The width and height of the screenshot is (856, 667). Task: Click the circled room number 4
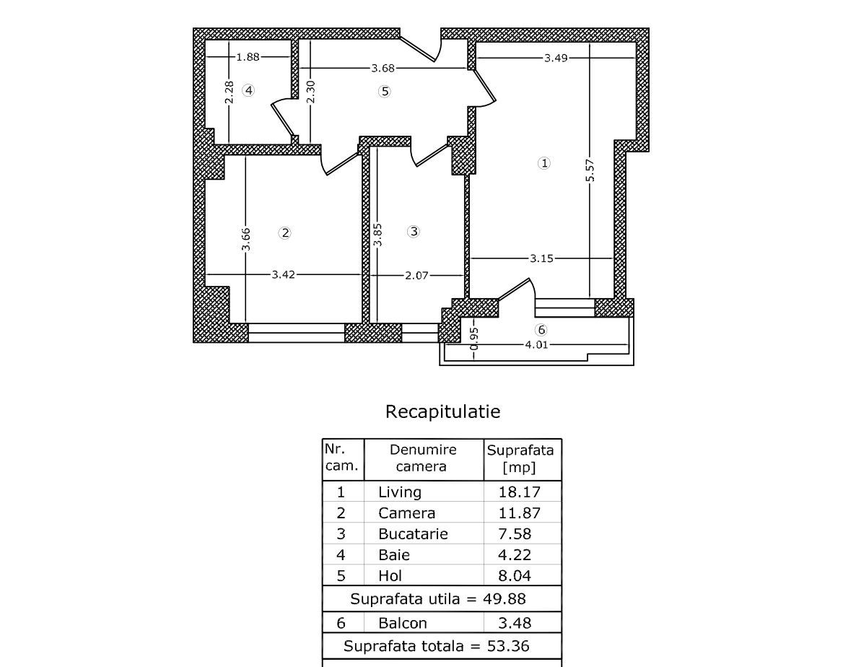point(248,90)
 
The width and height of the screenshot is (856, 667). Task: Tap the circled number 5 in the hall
point(385,91)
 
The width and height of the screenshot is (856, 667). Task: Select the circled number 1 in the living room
point(544,163)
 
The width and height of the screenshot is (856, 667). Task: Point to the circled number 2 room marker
point(285,232)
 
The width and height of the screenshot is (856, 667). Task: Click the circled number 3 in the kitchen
point(414,232)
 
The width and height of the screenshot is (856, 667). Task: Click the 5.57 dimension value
point(590,170)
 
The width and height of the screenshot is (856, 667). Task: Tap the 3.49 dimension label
point(556,58)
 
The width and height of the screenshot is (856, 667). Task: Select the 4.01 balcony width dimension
point(536,345)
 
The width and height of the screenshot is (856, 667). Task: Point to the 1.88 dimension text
point(248,56)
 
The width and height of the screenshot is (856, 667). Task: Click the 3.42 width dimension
point(284,274)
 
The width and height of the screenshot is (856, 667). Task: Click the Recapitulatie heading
point(442,411)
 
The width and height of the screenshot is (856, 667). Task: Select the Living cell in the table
point(400,492)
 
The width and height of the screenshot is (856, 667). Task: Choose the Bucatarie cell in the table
point(413,534)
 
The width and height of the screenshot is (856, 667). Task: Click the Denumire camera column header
point(422,458)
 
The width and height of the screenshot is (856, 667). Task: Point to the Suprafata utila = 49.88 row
point(438,599)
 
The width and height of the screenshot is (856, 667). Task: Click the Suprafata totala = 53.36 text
point(441,646)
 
